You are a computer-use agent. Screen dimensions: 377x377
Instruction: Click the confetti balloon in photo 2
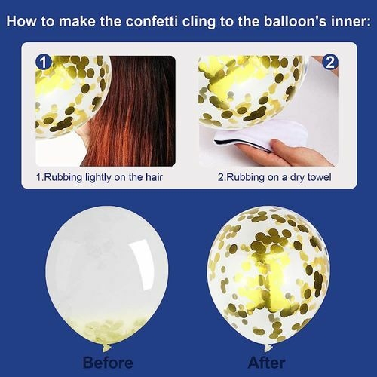point(249,87)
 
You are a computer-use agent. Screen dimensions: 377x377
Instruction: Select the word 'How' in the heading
point(24,22)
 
